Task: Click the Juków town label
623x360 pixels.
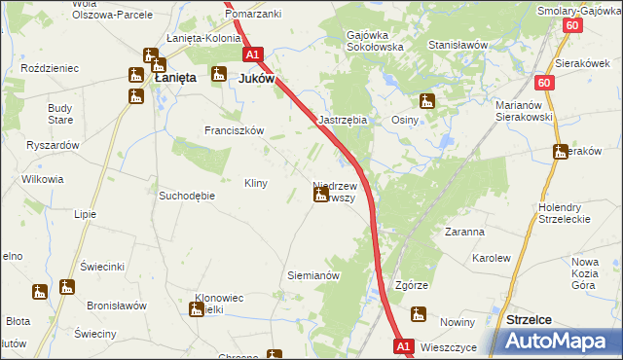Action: pyautogui.click(x=256, y=79)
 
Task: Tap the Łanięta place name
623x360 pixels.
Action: pyautogui.click(x=172, y=77)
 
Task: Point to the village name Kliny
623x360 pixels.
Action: pyautogui.click(x=255, y=183)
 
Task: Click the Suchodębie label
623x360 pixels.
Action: pyautogui.click(x=186, y=195)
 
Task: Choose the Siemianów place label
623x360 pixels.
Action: pyautogui.click(x=312, y=275)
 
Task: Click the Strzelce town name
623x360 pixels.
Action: pyautogui.click(x=531, y=319)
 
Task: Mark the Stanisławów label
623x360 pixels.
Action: pyautogui.click(x=458, y=45)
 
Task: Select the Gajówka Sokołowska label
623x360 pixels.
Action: pyautogui.click(x=375, y=41)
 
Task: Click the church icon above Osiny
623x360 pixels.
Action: pyautogui.click(x=426, y=100)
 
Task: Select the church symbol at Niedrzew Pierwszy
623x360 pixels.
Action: pyautogui.click(x=320, y=196)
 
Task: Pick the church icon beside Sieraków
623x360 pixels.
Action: pyautogui.click(x=560, y=152)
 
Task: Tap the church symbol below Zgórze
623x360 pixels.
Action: pyautogui.click(x=419, y=313)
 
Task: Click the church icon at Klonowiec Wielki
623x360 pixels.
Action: pyautogui.click(x=194, y=308)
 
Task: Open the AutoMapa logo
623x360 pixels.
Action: pyautogui.click(x=560, y=341)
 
